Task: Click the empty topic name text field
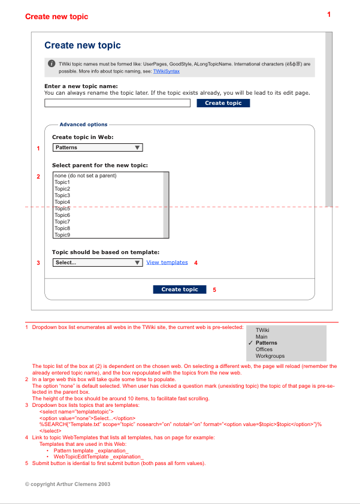(x=117, y=103)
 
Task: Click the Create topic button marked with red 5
(x=180, y=289)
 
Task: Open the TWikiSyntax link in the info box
(x=166, y=71)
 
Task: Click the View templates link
(x=167, y=262)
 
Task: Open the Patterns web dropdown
(x=98, y=147)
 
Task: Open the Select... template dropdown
(x=98, y=262)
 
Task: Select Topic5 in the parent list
(x=62, y=209)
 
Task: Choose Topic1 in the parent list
(x=62, y=182)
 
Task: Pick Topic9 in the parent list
(x=62, y=235)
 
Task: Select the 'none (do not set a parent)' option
(x=85, y=176)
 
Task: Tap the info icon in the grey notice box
(x=52, y=63)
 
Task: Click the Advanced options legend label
(x=83, y=125)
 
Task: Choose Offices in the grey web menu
(x=264, y=349)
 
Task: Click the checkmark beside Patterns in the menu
(x=250, y=343)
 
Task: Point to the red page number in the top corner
(x=329, y=14)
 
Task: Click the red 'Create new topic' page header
(x=56, y=17)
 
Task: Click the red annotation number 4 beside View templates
(x=195, y=262)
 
